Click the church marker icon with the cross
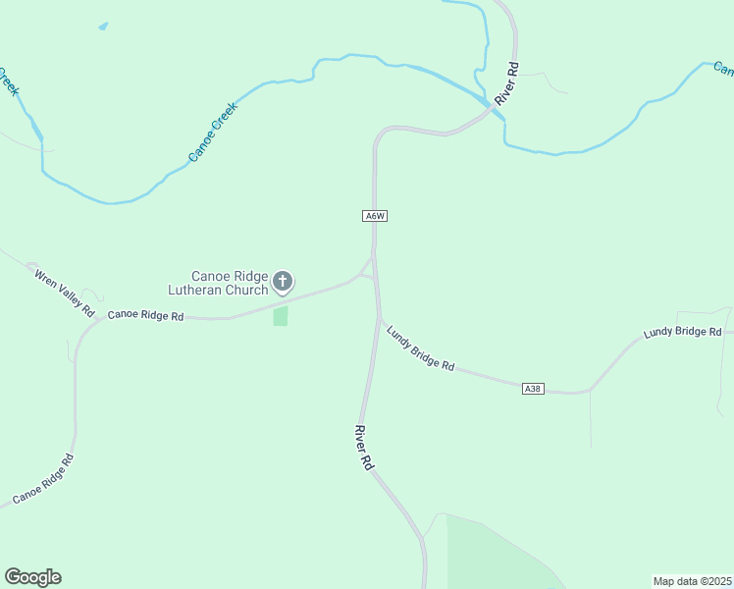click(283, 283)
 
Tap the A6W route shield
click(374, 216)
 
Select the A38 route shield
click(533, 389)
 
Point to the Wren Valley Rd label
click(64, 292)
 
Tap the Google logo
click(32, 577)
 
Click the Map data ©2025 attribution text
click(693, 581)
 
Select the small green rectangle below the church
click(281, 316)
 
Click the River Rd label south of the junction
click(364, 447)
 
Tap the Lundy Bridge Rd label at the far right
click(682, 333)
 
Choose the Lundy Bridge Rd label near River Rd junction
click(420, 348)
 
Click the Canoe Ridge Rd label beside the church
click(145, 316)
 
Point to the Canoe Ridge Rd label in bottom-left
click(40, 480)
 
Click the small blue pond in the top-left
click(103, 26)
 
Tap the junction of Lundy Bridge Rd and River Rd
click(380, 317)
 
